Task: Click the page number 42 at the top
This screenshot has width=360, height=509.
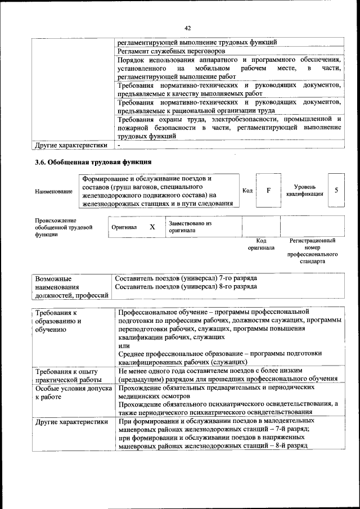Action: tap(187, 26)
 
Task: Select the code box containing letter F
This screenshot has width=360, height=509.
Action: tap(268, 190)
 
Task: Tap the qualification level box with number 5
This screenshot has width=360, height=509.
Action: tap(336, 190)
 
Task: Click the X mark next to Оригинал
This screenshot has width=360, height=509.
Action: tap(152, 227)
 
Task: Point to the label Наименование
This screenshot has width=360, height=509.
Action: tap(53, 191)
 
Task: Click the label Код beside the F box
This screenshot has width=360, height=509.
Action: tap(246, 190)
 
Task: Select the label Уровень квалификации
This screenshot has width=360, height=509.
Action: tap(304, 190)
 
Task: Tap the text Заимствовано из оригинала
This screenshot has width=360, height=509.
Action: tap(190, 227)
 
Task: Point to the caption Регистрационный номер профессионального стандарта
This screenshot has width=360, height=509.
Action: tap(312, 251)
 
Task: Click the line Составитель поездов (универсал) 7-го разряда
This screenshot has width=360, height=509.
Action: tap(186, 278)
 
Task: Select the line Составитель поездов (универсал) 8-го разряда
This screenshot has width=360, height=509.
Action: tap(186, 286)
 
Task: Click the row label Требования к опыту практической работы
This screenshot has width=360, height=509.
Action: tap(67, 376)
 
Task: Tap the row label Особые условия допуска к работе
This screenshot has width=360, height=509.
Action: tap(69, 392)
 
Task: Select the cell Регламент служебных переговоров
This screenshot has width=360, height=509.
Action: tap(168, 52)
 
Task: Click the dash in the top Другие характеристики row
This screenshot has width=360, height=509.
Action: tap(119, 145)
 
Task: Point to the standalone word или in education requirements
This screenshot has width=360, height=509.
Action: tap(123, 345)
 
